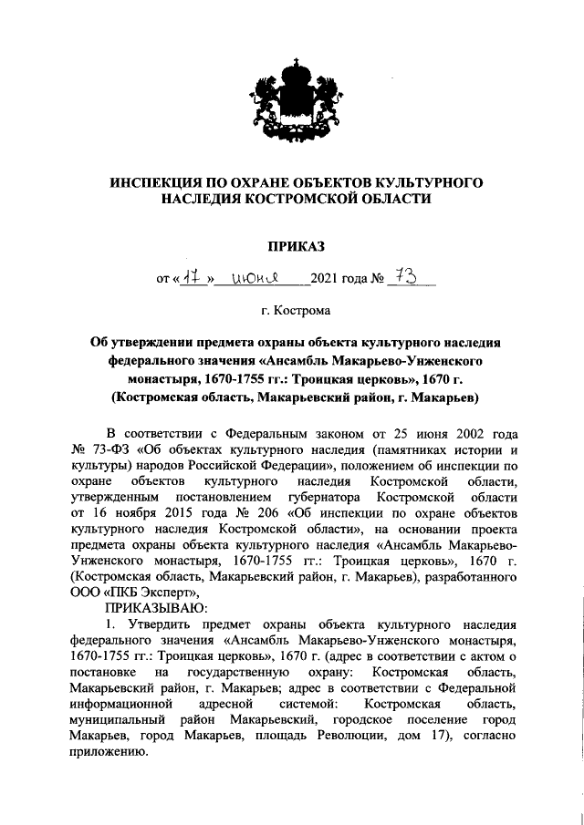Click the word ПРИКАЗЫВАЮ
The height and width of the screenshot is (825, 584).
[x=155, y=608]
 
